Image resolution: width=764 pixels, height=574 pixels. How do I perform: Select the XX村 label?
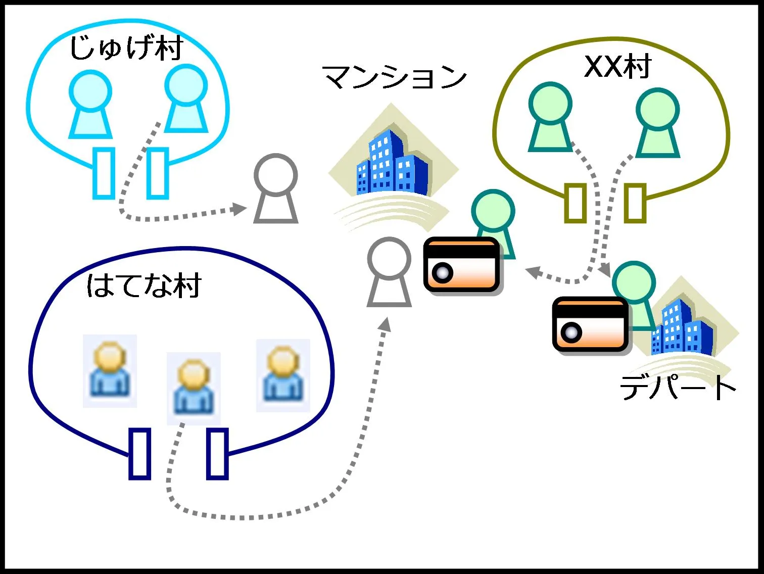617,66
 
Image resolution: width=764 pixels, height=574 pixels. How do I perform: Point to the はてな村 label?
144,286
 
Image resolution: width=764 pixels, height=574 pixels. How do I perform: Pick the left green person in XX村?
550,118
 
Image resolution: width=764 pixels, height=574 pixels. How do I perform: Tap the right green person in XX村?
657,123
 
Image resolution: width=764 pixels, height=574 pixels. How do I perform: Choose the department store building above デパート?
682,326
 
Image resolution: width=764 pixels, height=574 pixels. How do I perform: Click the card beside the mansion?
461,264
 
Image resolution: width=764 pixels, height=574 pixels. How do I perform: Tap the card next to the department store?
590,324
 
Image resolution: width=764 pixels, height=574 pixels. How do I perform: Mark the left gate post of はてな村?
140,453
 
